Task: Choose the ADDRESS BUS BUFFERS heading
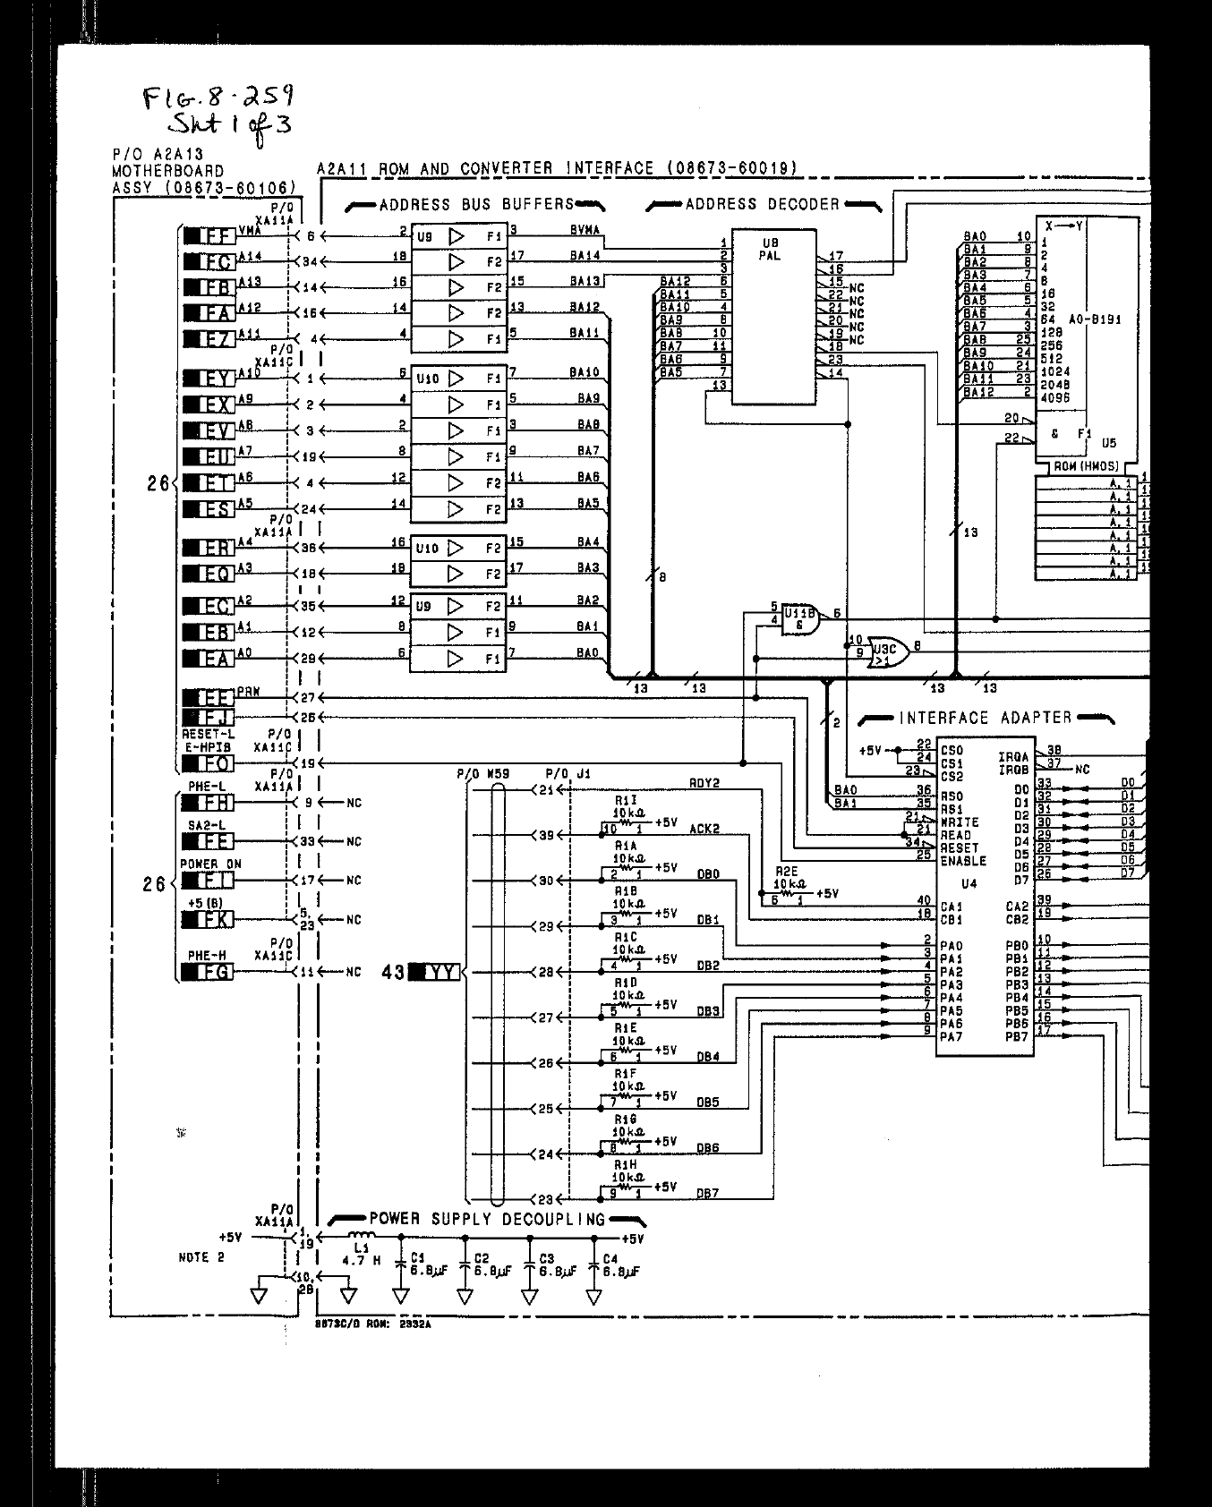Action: pos(475,205)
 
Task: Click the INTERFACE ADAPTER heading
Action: pos(985,718)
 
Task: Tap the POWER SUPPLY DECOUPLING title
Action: pos(487,1220)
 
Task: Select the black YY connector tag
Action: pos(435,972)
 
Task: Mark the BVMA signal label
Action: pos(584,231)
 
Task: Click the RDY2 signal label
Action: pos(704,783)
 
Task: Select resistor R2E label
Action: pos(786,871)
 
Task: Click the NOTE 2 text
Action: pos(201,1256)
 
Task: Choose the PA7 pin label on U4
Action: pos(952,1036)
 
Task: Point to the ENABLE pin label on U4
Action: pos(963,861)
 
